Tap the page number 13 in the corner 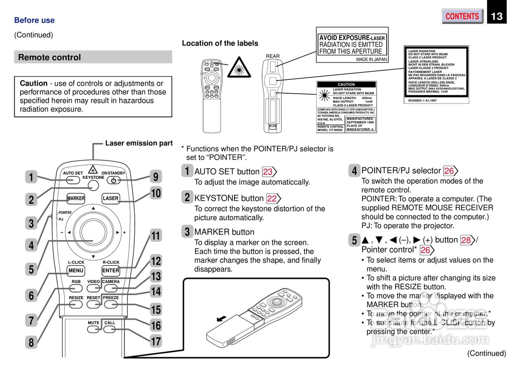point(497,16)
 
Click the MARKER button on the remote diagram point(76,198)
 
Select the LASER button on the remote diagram point(111,198)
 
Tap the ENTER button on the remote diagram point(111,270)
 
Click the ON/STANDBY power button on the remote point(113,180)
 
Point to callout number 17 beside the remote point(156,341)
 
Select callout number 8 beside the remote point(31,343)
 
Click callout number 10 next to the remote point(156,193)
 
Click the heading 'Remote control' point(50,57)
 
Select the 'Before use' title point(34,20)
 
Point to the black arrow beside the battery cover point(221,318)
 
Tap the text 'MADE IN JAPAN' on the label point(371,59)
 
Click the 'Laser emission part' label point(139,143)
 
